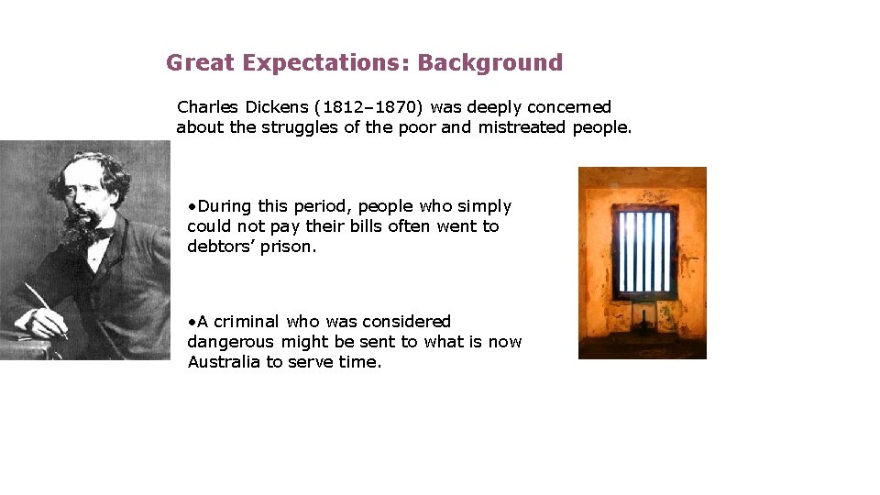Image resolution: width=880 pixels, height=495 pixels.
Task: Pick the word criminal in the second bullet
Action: point(247,322)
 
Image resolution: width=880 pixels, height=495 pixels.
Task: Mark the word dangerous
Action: point(230,342)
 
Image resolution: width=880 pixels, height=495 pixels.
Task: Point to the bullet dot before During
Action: point(192,206)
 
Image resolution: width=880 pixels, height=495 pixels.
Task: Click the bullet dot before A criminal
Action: point(192,322)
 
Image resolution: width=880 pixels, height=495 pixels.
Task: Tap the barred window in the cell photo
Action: point(643,252)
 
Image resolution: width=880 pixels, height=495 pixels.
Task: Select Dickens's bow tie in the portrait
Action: point(101,235)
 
